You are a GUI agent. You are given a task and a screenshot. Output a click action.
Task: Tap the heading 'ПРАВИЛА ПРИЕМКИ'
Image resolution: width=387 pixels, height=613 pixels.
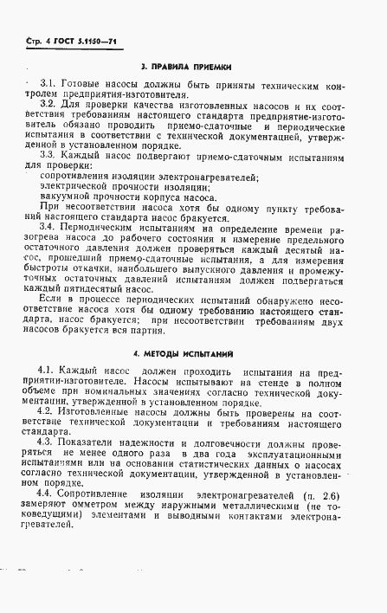(195, 68)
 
